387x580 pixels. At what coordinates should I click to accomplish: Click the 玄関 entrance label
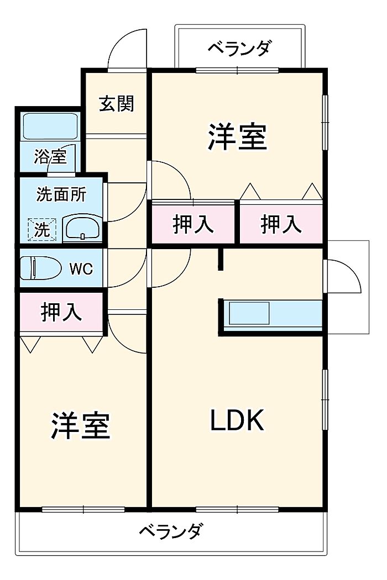click(x=117, y=103)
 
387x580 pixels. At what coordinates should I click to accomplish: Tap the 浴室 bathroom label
click(x=50, y=156)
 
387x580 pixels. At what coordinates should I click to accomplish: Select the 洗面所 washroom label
click(x=61, y=194)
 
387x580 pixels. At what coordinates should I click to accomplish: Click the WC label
click(x=80, y=270)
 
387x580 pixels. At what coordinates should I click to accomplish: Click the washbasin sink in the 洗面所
click(x=81, y=228)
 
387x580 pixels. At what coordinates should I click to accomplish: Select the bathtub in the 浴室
click(x=50, y=126)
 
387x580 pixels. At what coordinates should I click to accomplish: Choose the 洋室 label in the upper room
click(x=238, y=136)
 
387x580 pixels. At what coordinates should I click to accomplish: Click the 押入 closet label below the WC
click(x=61, y=312)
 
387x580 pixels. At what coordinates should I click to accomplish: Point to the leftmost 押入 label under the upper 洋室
click(x=193, y=224)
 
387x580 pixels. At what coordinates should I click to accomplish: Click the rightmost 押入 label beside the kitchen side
click(x=281, y=224)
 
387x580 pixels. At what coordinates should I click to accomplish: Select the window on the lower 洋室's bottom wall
click(x=83, y=509)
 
